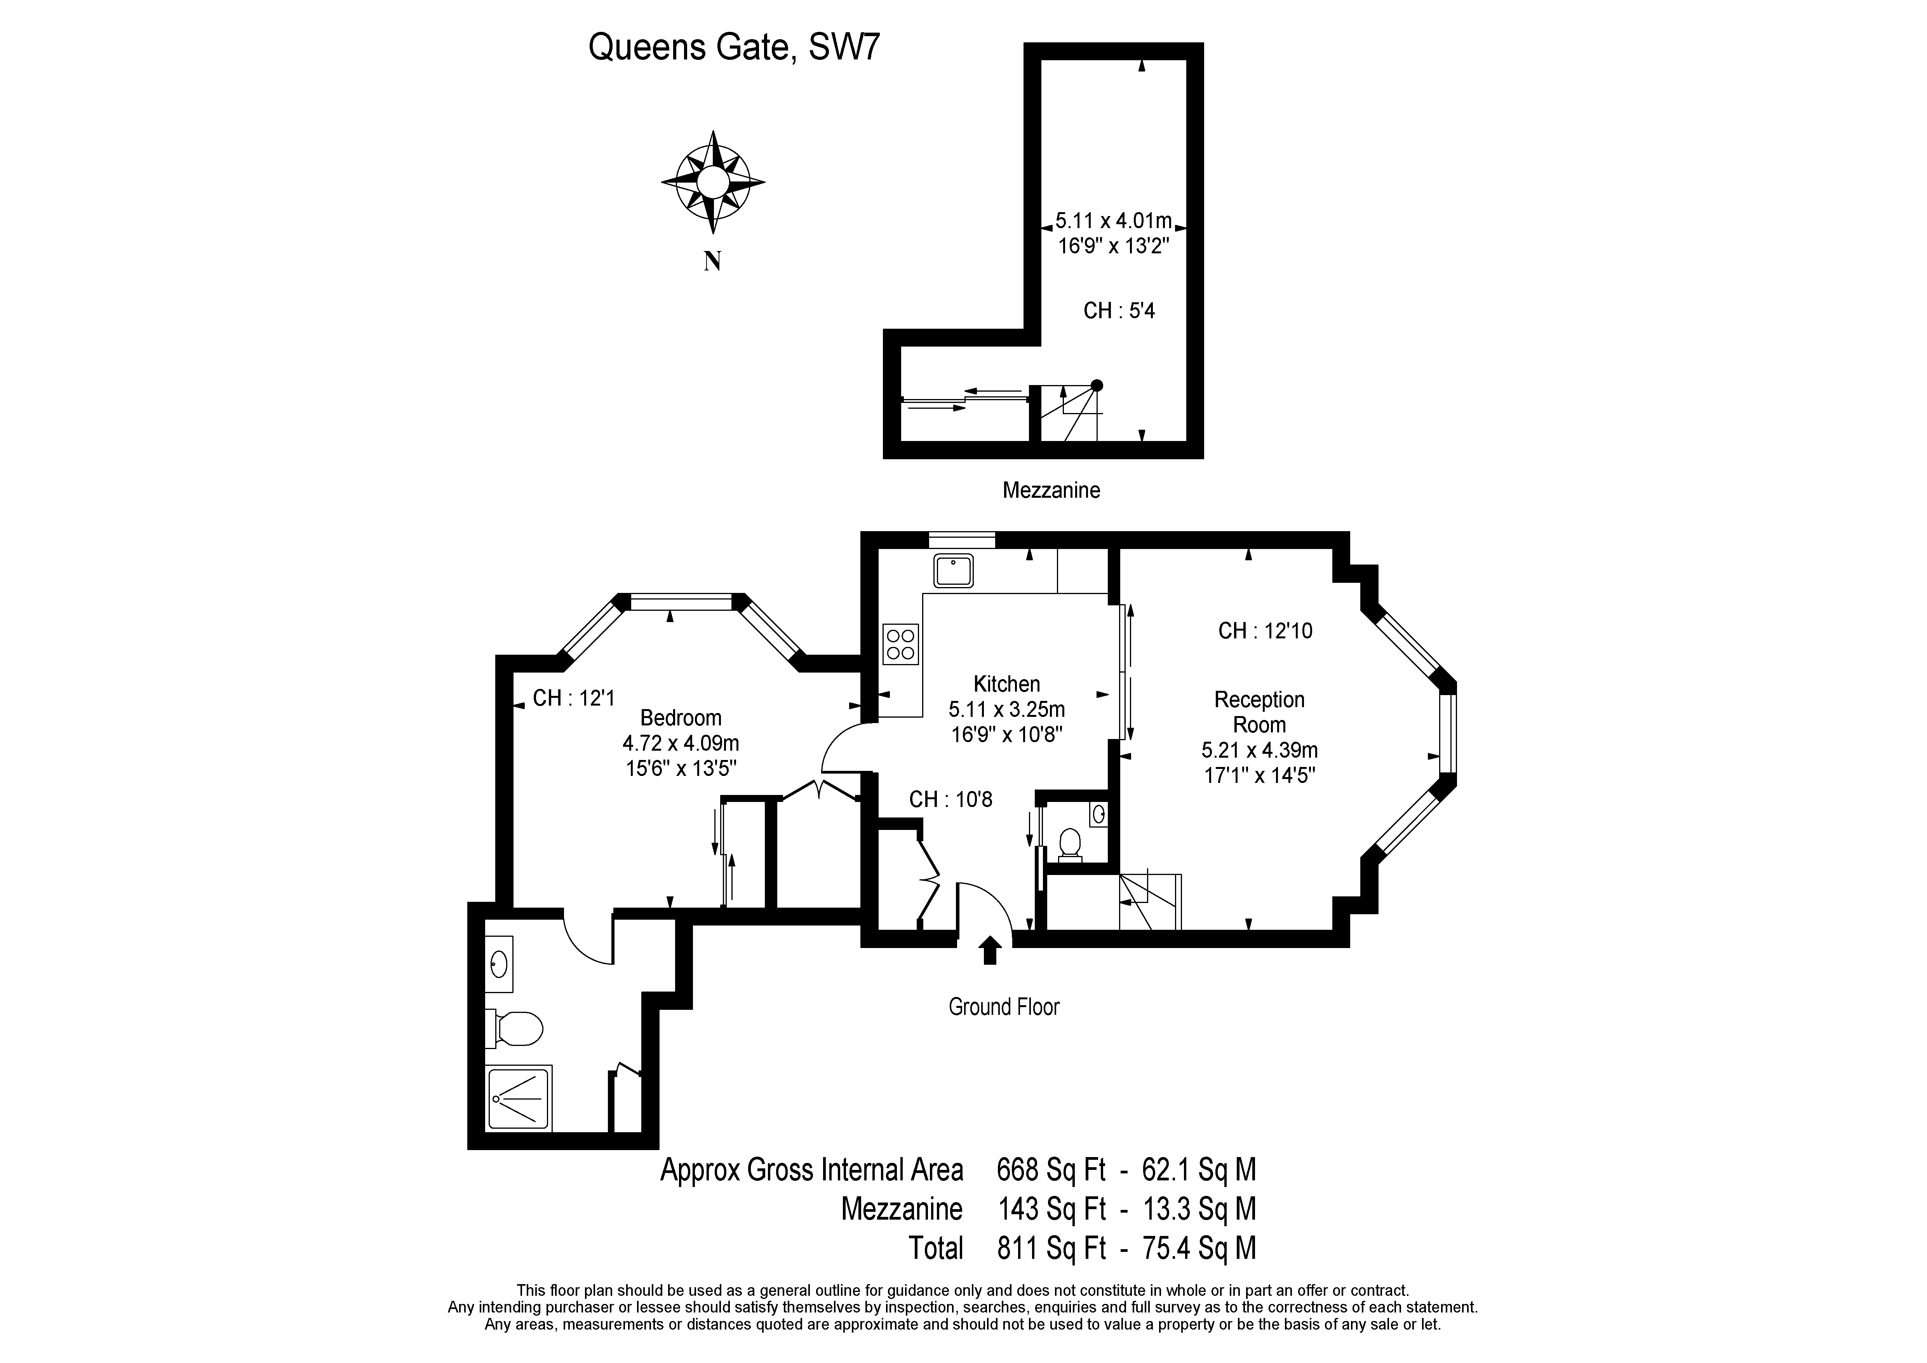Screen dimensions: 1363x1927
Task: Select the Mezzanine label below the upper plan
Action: point(1051,490)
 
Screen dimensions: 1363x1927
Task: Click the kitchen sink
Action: point(952,571)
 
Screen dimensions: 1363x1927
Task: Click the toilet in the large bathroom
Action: point(515,1028)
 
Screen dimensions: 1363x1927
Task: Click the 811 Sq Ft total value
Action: point(1051,1248)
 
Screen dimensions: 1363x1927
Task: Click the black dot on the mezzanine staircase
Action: point(1096,385)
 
